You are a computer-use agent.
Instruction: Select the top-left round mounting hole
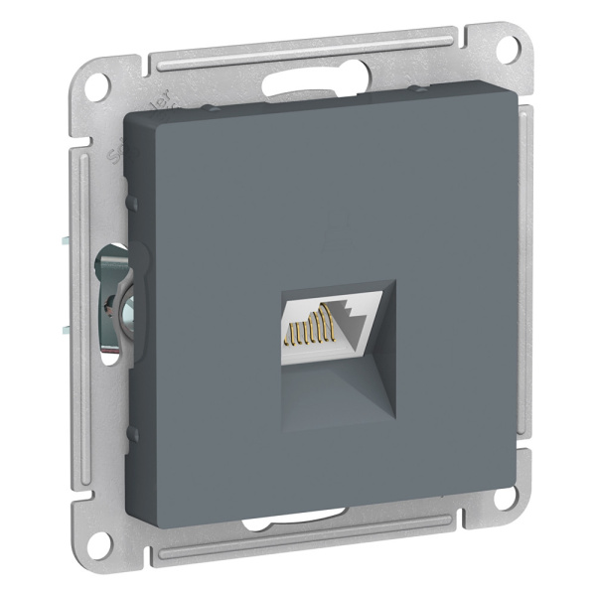click(x=96, y=86)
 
